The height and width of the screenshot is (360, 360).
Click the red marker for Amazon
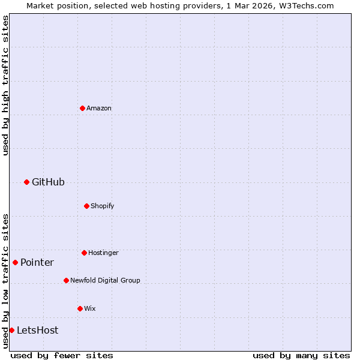(82, 108)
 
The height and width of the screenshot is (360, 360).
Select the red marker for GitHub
(26, 182)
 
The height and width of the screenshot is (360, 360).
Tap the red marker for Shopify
(86, 206)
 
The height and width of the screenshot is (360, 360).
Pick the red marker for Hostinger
(84, 253)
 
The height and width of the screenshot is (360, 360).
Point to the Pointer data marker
(15, 262)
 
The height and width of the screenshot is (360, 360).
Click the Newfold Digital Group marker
(66, 280)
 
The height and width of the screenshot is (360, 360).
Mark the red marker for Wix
(80, 308)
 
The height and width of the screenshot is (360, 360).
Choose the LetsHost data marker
(11, 330)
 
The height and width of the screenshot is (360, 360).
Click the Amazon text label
(99, 108)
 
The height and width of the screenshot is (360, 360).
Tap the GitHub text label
(48, 182)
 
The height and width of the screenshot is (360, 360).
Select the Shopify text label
(103, 206)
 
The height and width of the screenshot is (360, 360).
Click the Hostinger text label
(103, 253)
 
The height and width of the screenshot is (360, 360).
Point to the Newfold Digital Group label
(105, 280)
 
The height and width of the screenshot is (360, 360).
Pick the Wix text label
(90, 308)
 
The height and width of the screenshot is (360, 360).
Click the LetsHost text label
(37, 330)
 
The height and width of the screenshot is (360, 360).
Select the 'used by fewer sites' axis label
(62, 355)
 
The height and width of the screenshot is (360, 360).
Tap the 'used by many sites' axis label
(301, 355)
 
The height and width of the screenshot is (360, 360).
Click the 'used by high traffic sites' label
(5, 85)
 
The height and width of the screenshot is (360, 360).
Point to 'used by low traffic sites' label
(5, 281)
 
